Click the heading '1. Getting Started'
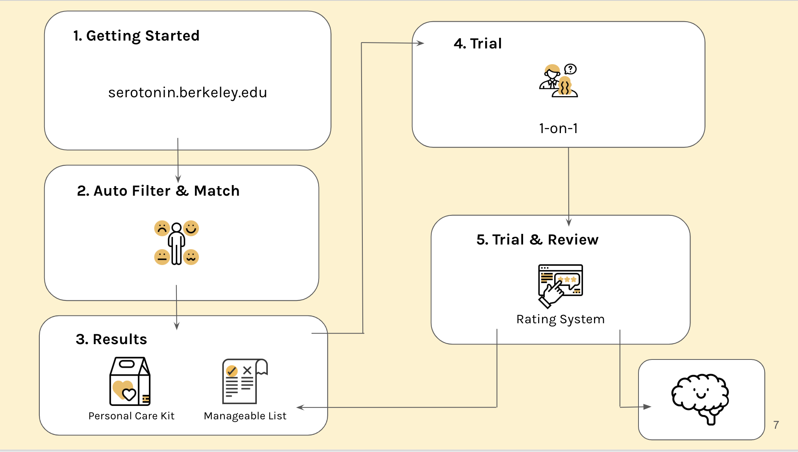coord(136,36)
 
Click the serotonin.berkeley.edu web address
coord(187,93)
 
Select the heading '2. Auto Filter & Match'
coord(158,191)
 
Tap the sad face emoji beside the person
coord(162,228)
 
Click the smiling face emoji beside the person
coord(191,228)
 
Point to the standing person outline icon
coord(176,243)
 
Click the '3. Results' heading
coord(111,339)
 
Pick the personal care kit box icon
coord(130,381)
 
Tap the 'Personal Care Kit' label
coord(132,416)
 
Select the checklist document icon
coord(245,381)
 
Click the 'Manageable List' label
coord(245,416)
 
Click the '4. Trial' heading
coord(478,44)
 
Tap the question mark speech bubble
coord(570,69)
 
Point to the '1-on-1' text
coord(559,128)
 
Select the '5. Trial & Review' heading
coord(537,240)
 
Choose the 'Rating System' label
coord(560,319)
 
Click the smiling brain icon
coord(700,398)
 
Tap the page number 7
coord(776,425)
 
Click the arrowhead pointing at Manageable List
coord(300,408)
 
